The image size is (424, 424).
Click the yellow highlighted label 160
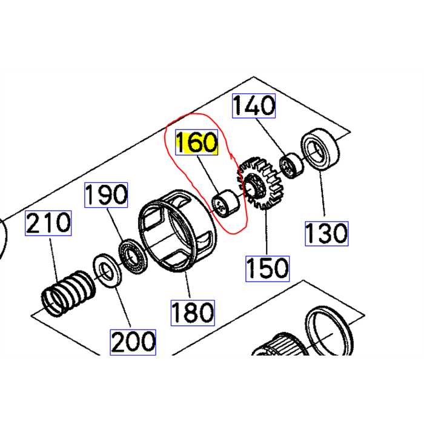tap(196, 143)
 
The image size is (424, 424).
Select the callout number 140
tap(254, 107)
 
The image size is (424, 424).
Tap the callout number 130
tap(326, 232)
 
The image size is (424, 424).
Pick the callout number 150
tap(267, 267)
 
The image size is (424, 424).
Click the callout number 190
tap(106, 195)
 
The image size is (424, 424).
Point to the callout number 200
tap(132, 341)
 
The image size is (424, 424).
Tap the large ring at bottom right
tap(328, 333)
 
